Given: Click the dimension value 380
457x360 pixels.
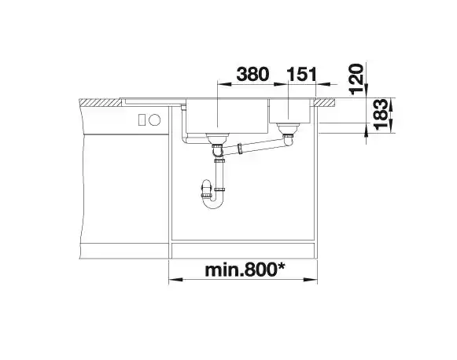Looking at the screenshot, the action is [x=252, y=74].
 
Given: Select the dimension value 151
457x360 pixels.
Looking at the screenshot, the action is [x=302, y=74].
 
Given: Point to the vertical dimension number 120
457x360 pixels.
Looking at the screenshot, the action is [x=357, y=79].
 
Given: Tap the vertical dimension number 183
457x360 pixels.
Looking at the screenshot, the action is [x=381, y=115].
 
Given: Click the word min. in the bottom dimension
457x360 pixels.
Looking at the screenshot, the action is [x=224, y=270].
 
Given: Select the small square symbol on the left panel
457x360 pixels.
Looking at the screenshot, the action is [x=142, y=119].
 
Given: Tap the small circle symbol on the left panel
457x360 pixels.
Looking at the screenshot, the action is [x=154, y=119].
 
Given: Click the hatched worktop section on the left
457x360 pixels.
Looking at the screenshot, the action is [x=101, y=102].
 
